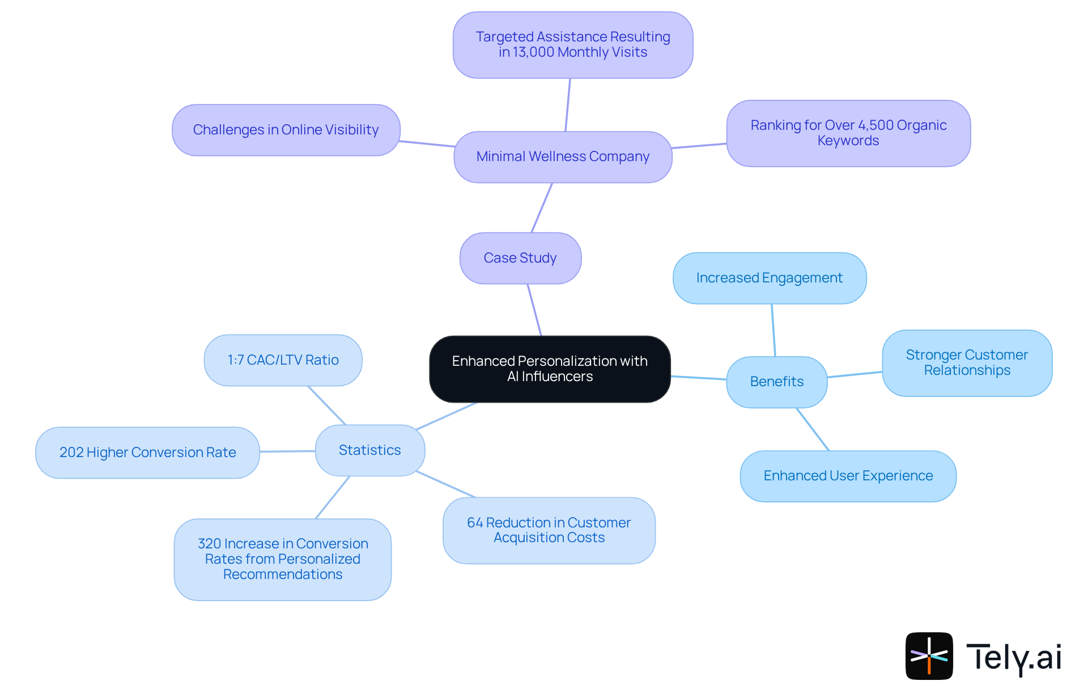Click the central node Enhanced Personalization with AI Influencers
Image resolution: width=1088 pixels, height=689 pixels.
550,369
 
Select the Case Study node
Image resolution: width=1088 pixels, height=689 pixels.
520,258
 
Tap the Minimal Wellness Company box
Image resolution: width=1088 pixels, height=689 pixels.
563,157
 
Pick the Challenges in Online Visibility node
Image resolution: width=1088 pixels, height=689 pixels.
286,130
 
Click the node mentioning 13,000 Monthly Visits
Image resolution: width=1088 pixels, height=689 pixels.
572,45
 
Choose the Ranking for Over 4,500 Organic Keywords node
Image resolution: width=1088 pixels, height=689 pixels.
848,133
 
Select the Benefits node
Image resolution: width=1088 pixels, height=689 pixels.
776,382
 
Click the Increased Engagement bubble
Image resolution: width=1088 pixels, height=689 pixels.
769,278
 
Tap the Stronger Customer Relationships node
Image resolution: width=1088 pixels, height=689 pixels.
967,363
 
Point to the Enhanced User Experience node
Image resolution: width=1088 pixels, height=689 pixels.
848,476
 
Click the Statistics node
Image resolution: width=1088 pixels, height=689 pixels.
369,450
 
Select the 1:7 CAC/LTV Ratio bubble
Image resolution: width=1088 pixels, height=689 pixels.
283,360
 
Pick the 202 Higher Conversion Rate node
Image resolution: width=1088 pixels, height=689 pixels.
147,453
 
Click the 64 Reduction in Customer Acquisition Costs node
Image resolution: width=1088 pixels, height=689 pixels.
549,530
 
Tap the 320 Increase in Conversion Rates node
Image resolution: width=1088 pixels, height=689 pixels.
282,559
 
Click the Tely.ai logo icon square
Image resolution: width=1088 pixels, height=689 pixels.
929,656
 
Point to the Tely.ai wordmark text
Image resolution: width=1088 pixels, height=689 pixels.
1013,658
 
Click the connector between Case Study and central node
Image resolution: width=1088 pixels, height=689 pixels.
534,310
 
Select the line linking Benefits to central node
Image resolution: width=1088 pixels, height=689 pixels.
699,378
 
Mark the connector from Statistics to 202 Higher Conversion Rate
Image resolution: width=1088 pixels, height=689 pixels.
287,451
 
